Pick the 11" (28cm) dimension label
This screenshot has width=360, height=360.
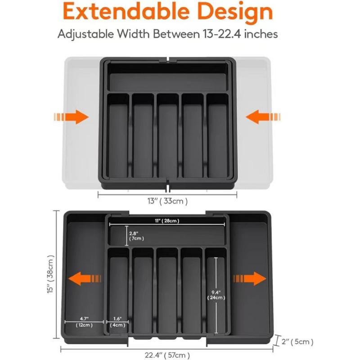click(166, 220)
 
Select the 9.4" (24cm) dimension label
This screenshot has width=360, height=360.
click(216, 295)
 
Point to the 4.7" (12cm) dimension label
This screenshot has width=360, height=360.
click(84, 322)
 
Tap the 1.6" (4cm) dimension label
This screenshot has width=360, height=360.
click(117, 322)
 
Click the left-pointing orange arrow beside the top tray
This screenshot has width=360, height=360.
click(263, 117)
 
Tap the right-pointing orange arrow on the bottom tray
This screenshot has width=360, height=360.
click(250, 278)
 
